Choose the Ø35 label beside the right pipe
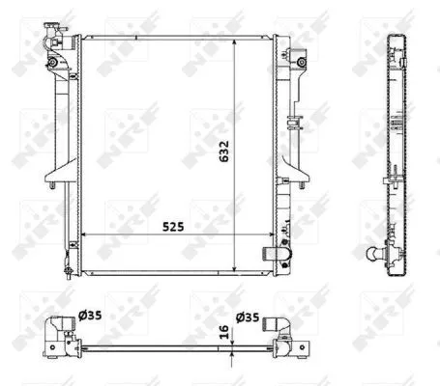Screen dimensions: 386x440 (x=248, y=314)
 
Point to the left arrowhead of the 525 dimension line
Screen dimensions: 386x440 (x=83, y=234)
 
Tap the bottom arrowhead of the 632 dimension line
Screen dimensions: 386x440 (x=238, y=270)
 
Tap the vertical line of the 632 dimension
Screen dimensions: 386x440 (x=238, y=174)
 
